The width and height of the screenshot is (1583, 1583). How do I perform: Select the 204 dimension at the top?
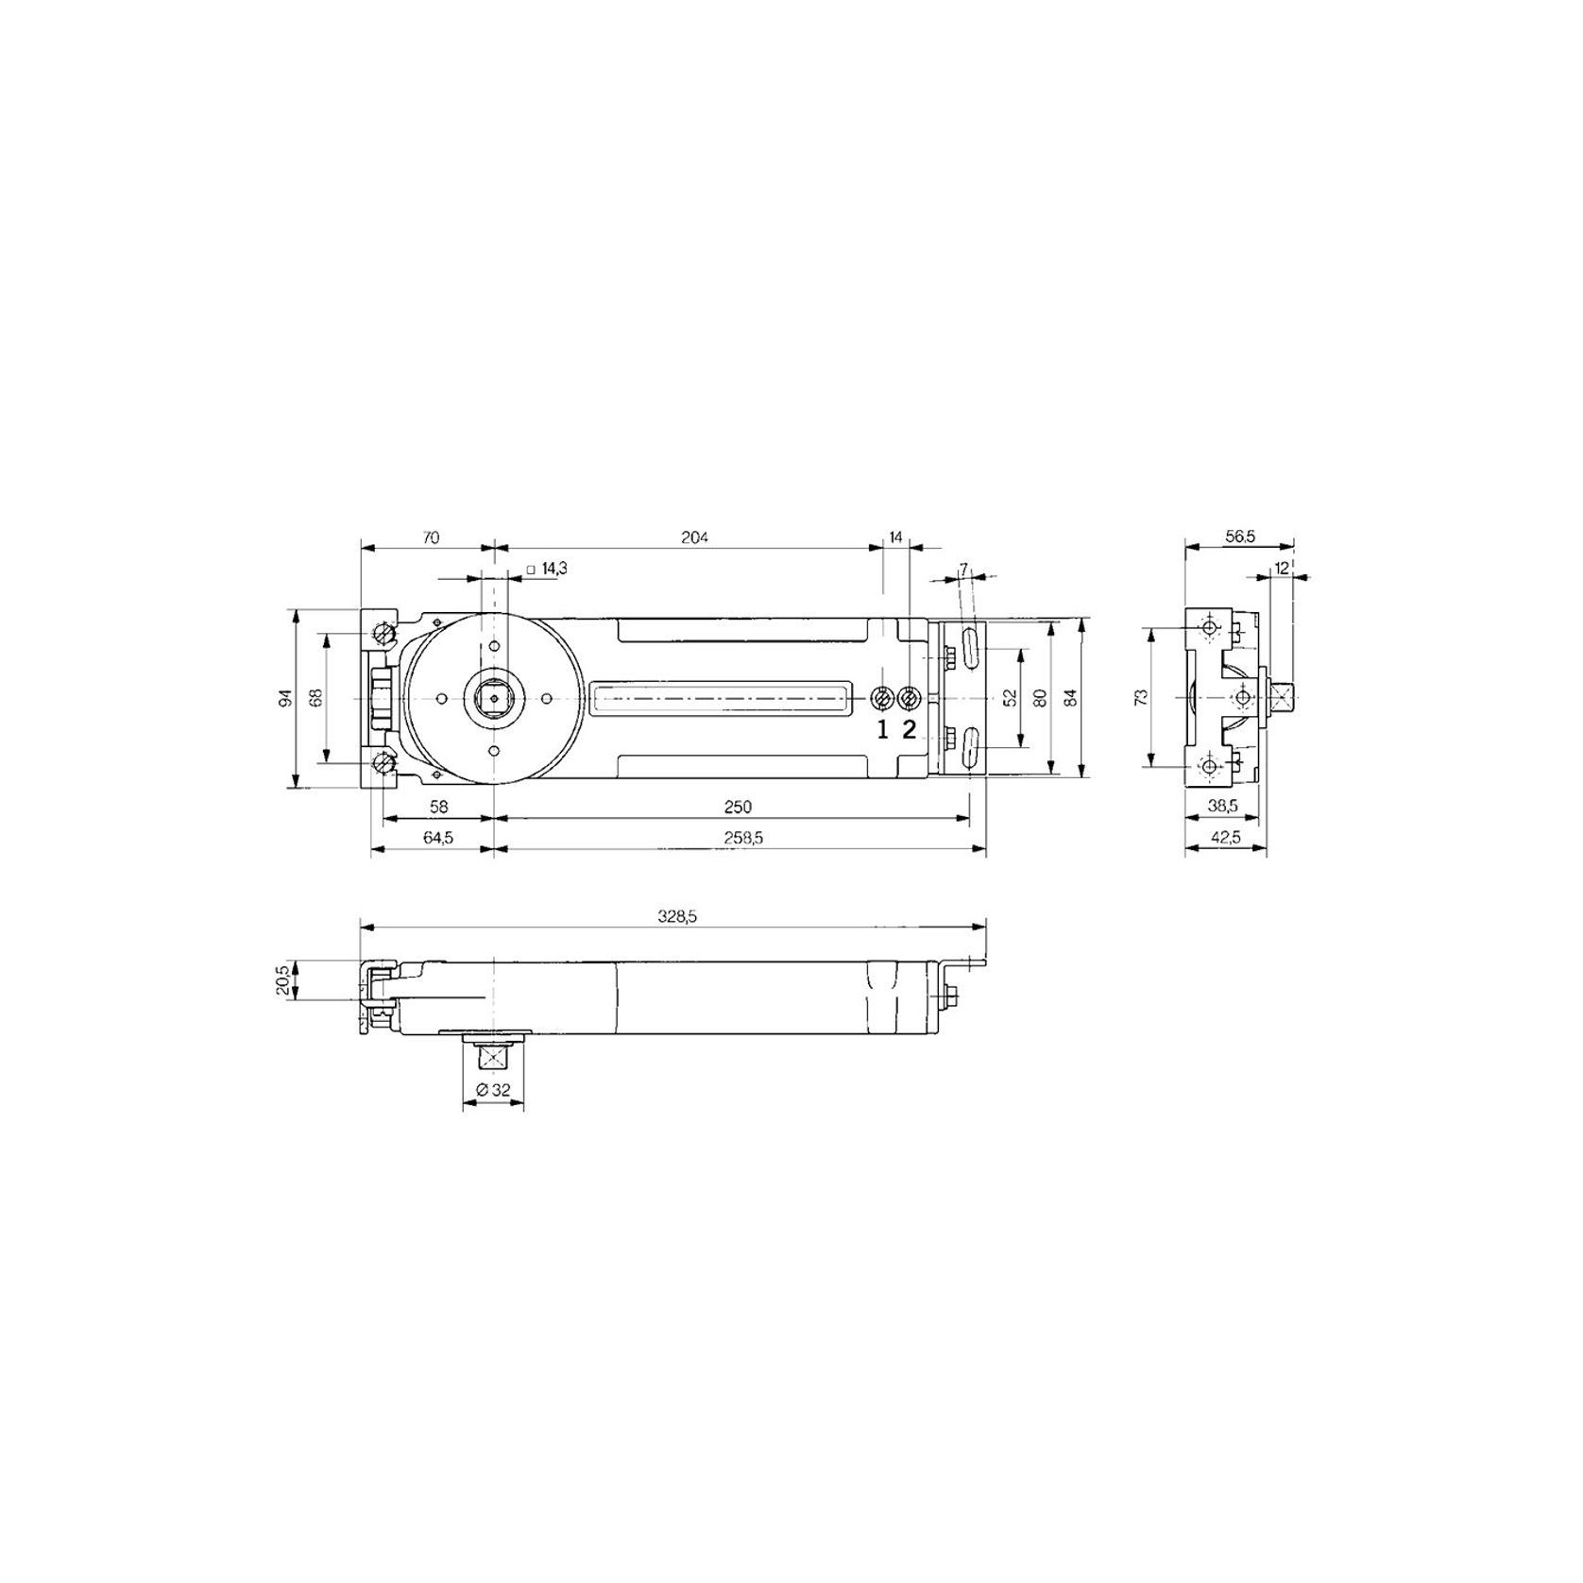(694, 537)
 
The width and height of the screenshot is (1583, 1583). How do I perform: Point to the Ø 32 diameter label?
(493, 1090)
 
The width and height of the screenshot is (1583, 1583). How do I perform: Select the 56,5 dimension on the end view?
(1239, 536)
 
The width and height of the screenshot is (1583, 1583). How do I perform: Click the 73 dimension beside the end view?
(1140, 697)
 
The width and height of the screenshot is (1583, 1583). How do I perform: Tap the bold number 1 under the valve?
(882, 729)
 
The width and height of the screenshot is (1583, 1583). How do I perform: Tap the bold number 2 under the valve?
(909, 729)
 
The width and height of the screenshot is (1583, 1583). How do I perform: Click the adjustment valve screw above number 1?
(882, 698)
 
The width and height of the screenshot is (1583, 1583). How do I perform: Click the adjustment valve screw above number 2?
(909, 698)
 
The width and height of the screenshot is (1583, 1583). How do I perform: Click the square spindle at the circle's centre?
(494, 698)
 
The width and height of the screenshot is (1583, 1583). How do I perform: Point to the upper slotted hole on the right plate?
(968, 650)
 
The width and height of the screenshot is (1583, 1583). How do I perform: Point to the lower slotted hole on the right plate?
(968, 746)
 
